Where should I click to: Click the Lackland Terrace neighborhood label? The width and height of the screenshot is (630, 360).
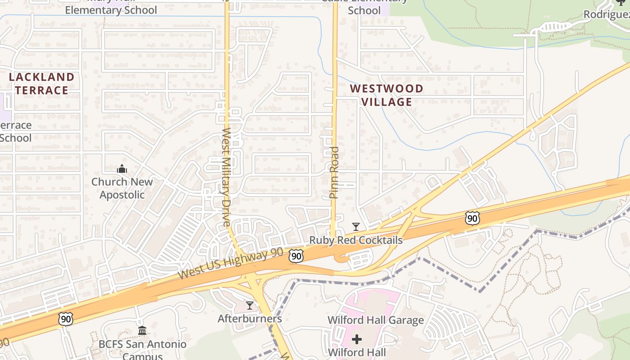pos(41,84)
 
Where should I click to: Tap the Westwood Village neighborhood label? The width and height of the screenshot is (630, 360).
pos(387,95)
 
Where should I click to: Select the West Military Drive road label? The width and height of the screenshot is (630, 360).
pos(226,177)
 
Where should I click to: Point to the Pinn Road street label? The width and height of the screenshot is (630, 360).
pos(334,172)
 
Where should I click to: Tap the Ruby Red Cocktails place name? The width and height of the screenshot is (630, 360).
pos(355,240)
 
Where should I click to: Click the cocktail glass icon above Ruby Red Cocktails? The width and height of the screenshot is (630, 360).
pos(356,227)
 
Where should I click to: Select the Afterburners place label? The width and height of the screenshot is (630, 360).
pos(250,319)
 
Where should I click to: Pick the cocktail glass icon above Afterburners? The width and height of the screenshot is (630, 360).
pos(250,306)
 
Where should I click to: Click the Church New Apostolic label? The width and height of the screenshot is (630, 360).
pos(122,188)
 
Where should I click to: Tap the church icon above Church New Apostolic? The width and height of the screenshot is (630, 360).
pos(121,170)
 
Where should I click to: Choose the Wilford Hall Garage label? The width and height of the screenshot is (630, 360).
pos(376,320)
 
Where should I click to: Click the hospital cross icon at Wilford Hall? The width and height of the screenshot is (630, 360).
pos(357,339)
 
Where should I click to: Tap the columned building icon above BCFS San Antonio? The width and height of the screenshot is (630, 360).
pos(142,331)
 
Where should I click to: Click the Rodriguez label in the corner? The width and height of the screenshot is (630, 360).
pos(606,14)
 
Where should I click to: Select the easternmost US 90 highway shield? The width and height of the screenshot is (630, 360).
pos(472,219)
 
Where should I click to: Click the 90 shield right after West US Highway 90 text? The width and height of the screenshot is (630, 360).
pos(296,256)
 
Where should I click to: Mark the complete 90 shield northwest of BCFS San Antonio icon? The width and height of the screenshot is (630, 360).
pos(65,319)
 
